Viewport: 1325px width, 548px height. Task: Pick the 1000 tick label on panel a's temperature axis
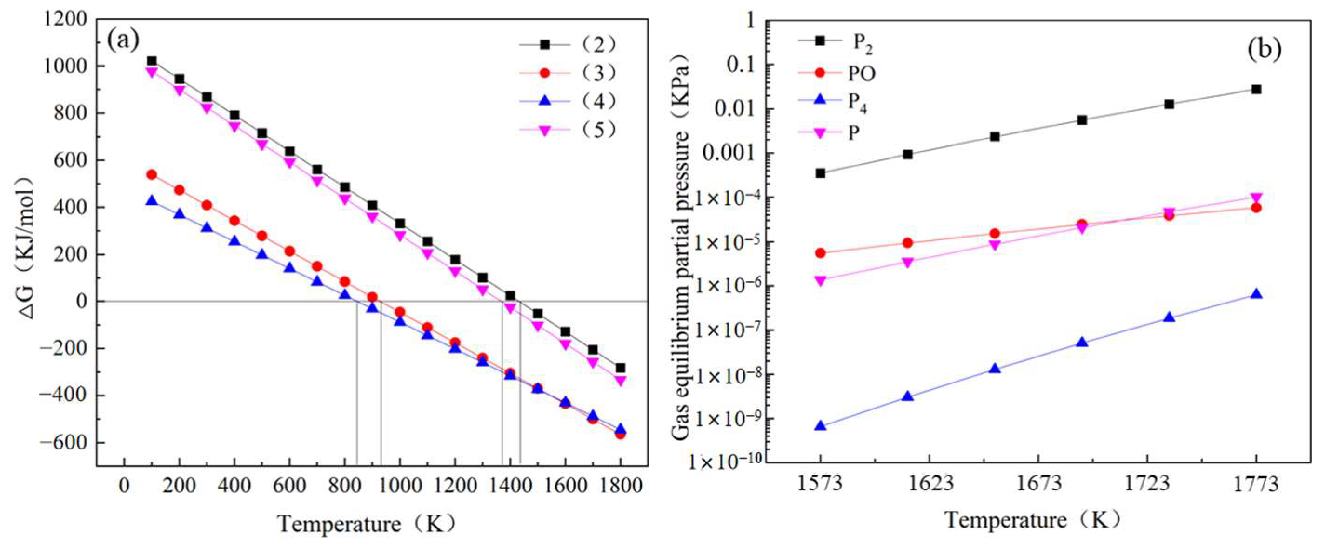tap(400, 485)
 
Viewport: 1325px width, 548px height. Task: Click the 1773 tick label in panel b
tap(1256, 484)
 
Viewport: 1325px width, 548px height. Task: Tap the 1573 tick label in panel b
tap(820, 484)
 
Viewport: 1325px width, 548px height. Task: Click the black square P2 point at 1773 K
tap(1256, 89)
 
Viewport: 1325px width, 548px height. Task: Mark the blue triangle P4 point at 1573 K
tap(820, 426)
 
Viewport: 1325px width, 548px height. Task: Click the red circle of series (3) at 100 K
tap(152, 175)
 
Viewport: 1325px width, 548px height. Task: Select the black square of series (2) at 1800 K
tap(620, 368)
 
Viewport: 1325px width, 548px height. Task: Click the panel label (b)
tap(1263, 49)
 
